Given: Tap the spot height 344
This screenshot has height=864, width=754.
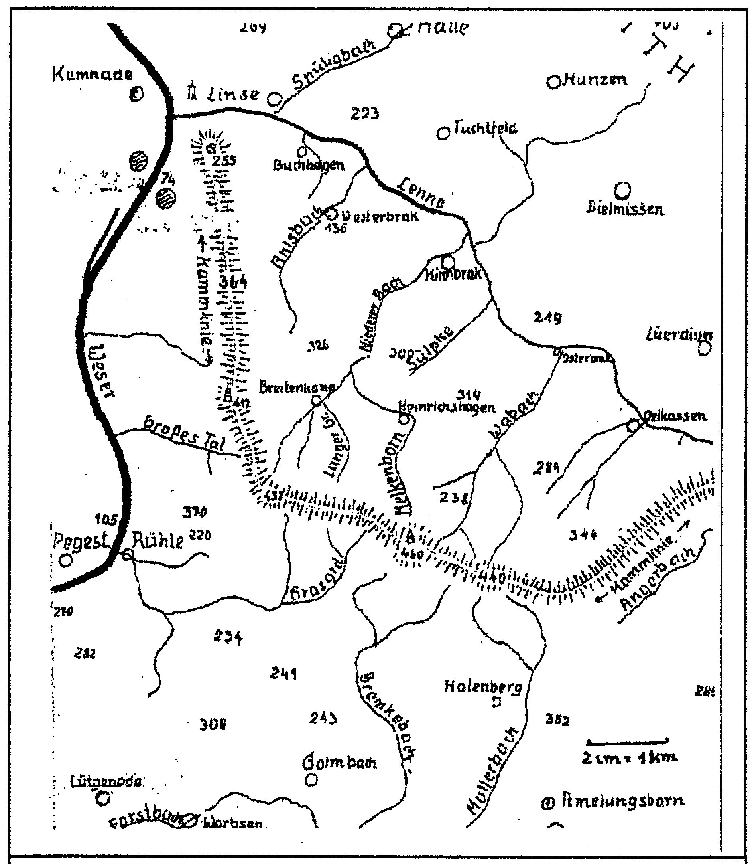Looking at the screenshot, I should coord(583,535).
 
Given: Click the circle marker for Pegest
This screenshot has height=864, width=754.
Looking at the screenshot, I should coord(66,560).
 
